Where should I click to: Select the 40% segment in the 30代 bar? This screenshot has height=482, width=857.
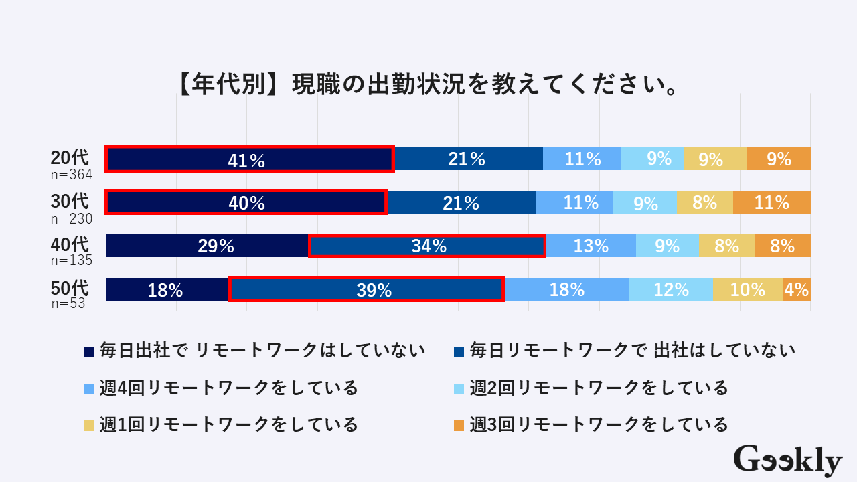click(x=246, y=202)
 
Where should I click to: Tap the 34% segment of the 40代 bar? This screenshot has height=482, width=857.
click(x=427, y=246)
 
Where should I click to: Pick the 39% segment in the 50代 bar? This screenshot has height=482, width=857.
click(x=366, y=289)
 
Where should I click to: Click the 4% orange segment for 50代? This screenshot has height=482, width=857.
click(x=797, y=289)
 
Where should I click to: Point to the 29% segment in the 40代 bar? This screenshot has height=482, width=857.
click(x=207, y=246)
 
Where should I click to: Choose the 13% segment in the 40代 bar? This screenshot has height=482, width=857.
click(x=591, y=246)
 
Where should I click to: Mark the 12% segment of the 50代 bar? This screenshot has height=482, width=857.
click(x=671, y=289)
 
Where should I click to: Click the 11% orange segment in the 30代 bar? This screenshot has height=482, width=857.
click(x=771, y=202)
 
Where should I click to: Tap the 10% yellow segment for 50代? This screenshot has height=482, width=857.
click(x=748, y=289)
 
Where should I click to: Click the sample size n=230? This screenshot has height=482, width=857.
click(x=71, y=219)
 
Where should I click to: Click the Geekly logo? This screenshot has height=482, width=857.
click(x=787, y=461)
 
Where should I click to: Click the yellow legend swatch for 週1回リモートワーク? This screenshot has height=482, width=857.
click(x=90, y=425)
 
